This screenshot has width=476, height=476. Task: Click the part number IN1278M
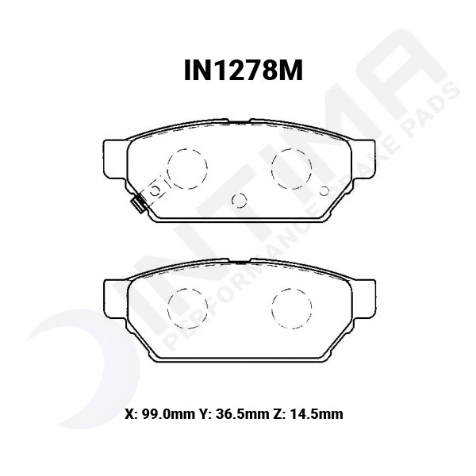point(238,73)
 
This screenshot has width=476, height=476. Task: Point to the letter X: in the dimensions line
point(132,414)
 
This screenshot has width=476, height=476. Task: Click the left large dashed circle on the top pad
point(188,167)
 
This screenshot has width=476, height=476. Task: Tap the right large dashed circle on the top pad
point(290,167)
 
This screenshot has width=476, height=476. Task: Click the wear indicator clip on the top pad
point(138,204)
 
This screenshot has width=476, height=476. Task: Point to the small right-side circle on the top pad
point(323,190)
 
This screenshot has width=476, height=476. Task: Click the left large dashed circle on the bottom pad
point(188,305)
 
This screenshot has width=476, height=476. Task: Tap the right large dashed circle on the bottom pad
point(290,305)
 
